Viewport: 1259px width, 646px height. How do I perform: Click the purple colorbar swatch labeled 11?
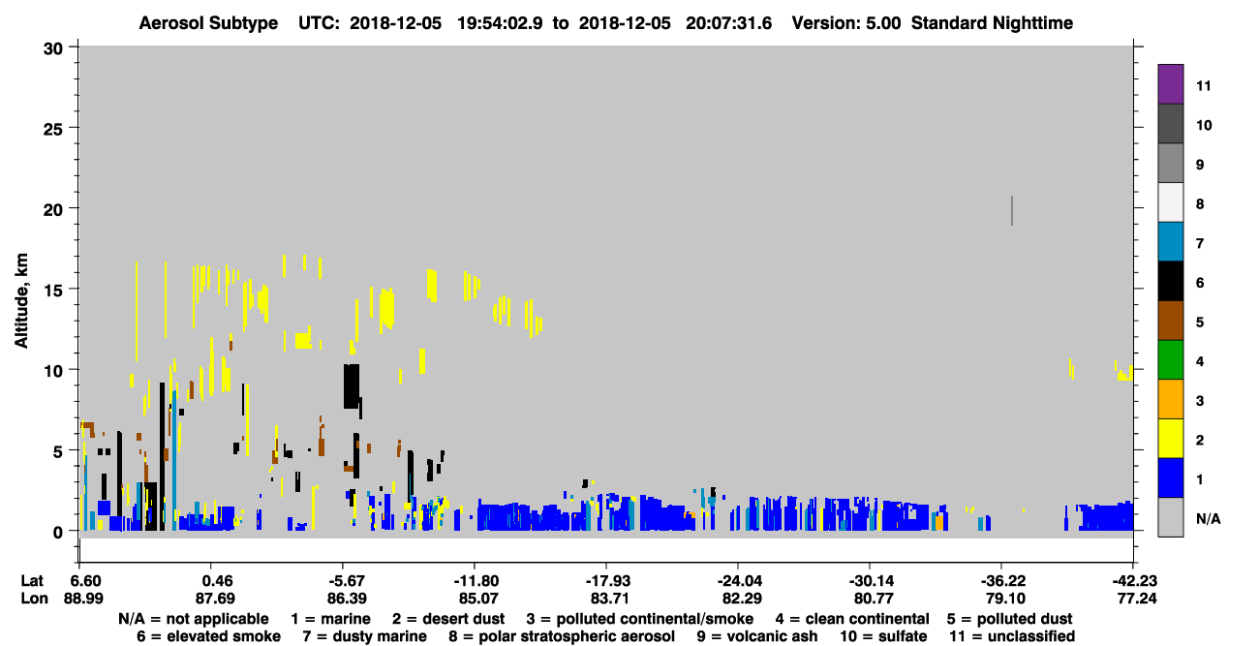pos(1170,84)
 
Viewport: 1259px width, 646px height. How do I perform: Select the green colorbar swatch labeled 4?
pos(1170,360)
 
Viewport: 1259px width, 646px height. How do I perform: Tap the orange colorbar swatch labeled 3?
pos(1170,399)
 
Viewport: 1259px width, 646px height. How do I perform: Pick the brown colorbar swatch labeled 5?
pos(1170,321)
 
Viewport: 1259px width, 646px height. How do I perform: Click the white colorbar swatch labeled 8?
pos(1170,202)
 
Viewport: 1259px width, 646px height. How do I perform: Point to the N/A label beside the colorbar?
pos(1208,518)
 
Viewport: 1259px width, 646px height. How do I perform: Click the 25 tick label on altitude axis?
pos(53,130)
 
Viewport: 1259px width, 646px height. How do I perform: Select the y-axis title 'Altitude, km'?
pos(20,301)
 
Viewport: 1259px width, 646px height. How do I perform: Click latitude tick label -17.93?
pos(607,581)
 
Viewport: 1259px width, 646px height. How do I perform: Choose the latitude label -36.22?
pos(1002,581)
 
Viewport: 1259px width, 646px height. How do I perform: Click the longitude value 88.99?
pos(83,599)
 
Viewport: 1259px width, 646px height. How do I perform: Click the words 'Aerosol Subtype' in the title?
pos(208,23)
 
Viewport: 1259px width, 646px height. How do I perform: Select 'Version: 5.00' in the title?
pos(845,23)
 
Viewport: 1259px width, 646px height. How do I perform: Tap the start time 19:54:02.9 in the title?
pos(500,23)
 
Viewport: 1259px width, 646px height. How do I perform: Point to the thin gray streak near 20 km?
pos(1012,211)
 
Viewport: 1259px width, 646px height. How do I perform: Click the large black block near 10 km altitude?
pos(352,386)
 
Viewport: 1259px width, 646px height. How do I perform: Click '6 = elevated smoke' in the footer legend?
pos(208,636)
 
